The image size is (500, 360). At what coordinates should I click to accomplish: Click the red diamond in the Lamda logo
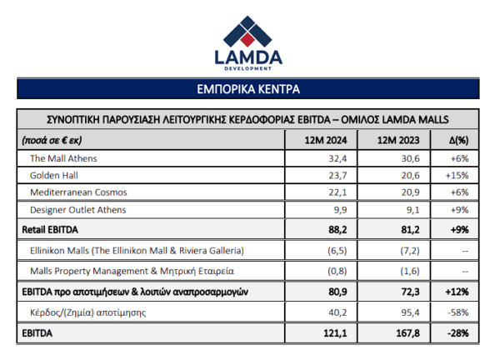pos(247,40)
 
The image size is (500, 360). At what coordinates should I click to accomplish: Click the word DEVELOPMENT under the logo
pos(248,68)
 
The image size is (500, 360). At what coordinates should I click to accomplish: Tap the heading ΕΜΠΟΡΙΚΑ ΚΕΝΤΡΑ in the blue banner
pos(248,89)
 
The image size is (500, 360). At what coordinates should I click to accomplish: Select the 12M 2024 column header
pos(326,140)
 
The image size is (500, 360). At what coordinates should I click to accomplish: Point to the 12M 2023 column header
pos(398,140)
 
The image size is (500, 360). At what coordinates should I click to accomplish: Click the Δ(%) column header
pos(459,140)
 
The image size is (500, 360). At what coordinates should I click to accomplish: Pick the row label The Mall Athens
pos(63,158)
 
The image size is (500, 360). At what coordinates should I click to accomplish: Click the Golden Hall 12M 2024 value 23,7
pos(337,175)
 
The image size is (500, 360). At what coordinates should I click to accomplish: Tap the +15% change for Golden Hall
pos(457,175)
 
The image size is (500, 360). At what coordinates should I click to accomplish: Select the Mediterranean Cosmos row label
pos(78,192)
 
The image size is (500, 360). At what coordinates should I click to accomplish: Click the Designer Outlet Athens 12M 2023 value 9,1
pos(412,210)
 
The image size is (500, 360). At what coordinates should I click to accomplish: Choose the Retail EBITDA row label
pos(50,230)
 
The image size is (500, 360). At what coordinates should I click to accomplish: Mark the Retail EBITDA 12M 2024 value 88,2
pos(337,230)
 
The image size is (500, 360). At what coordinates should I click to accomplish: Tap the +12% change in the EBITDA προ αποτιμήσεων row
pos(457,292)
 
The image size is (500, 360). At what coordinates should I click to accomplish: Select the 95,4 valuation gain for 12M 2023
pos(410,312)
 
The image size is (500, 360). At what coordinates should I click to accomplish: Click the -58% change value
pos(457,312)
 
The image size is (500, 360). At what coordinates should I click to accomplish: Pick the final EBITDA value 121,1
pos(335,333)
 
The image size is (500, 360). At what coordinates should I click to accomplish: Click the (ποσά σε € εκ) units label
pos(52,140)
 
